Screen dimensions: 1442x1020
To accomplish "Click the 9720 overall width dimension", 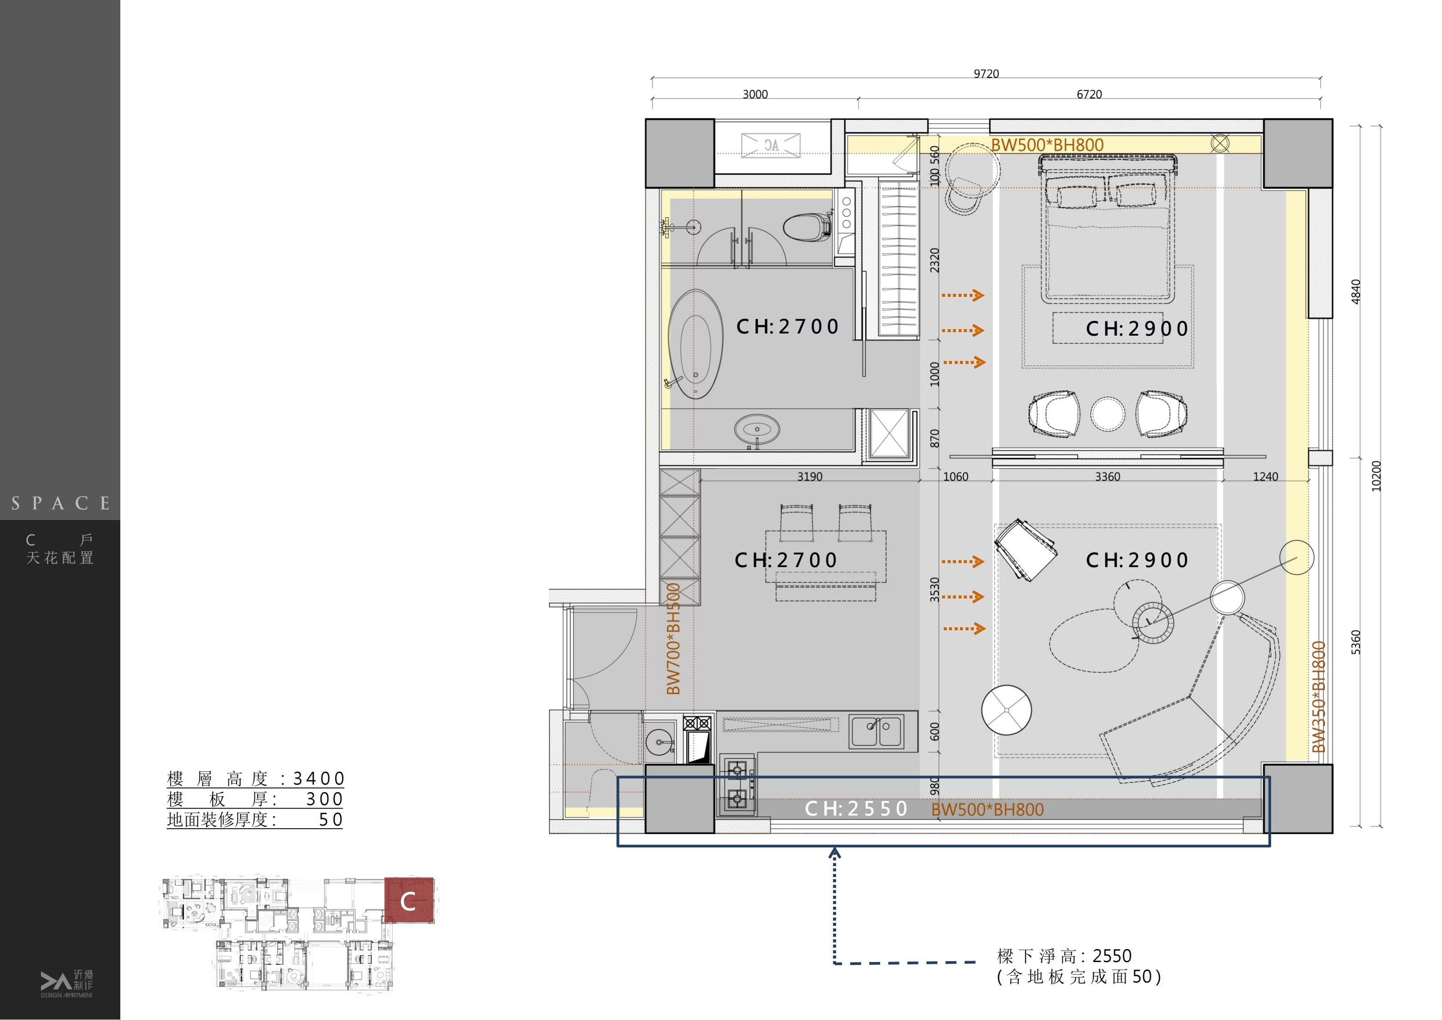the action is tap(986, 74).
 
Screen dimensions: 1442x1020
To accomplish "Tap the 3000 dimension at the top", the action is tap(755, 94).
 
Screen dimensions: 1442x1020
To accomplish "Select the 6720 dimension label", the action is tap(1089, 94).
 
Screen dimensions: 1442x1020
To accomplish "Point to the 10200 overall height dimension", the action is tap(1376, 476).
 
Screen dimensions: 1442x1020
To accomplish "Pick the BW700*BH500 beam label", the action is tap(673, 639).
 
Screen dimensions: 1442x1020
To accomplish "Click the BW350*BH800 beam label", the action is tap(1319, 697).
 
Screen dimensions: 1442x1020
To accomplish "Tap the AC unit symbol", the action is tap(771, 145).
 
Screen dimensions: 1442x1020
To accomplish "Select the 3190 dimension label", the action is tap(809, 477).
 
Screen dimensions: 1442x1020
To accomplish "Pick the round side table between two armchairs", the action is tap(1108, 414).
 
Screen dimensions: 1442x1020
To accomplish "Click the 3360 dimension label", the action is tap(1107, 477).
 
